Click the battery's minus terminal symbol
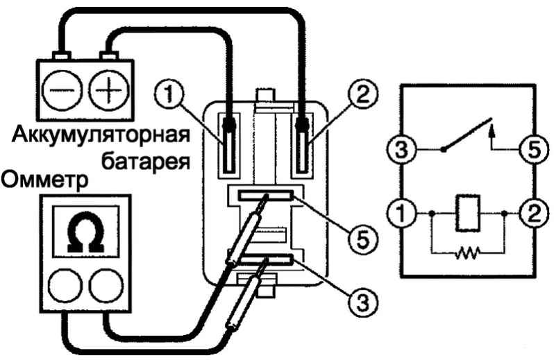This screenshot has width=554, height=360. pyautogui.click(x=62, y=89)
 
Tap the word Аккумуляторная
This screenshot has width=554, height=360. pyautogui.click(x=101, y=135)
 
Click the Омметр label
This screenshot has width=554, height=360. pyautogui.click(x=45, y=181)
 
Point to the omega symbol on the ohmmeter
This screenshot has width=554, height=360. pyautogui.click(x=86, y=232)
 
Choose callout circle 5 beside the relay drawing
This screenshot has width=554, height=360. pyautogui.click(x=363, y=239)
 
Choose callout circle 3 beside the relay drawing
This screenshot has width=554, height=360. pyautogui.click(x=363, y=302)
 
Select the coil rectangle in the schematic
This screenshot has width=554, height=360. pyautogui.click(x=468, y=213)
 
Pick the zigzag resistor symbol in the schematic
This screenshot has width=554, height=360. pyautogui.click(x=467, y=252)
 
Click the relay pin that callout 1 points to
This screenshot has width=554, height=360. pyautogui.click(x=228, y=146)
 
